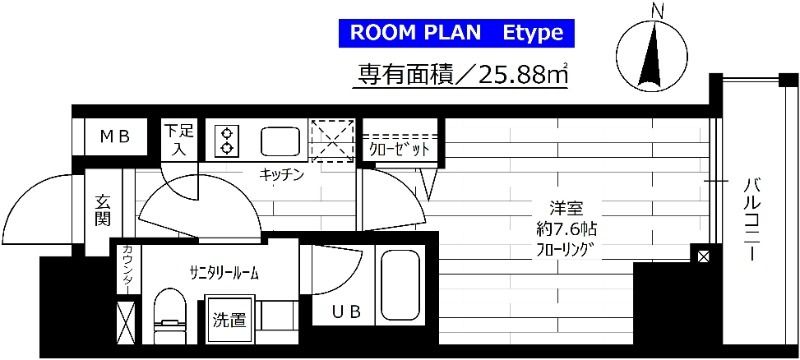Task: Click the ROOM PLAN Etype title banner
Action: [x=463, y=32]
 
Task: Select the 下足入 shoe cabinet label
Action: [x=180, y=139]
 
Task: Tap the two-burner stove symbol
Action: [x=227, y=140]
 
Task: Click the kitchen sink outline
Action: [x=279, y=141]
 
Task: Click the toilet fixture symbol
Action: [x=169, y=315]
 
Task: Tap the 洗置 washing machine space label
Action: [x=229, y=321]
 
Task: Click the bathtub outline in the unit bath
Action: [x=402, y=286]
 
